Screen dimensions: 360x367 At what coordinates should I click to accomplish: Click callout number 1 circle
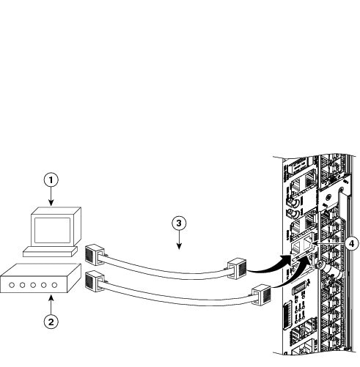coord(51,180)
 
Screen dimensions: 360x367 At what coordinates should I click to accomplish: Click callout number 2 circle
coord(51,322)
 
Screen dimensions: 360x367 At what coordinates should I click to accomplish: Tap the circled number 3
coord(179,223)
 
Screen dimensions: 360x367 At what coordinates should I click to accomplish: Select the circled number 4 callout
coord(351,243)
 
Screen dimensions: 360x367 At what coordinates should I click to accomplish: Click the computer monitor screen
coord(52,230)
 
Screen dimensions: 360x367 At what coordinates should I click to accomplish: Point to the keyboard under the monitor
coord(50,251)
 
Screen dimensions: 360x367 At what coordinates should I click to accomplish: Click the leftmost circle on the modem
coord(12,285)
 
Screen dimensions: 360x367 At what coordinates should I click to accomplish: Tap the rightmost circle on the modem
coord(54,285)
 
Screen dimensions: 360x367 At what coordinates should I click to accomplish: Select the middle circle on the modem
coord(33,285)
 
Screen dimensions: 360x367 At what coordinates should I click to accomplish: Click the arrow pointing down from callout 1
coord(51,196)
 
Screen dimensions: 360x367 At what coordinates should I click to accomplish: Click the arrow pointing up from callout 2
coord(51,305)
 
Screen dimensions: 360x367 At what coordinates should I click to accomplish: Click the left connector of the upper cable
coord(95,254)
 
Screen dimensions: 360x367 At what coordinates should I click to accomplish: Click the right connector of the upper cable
coord(236,268)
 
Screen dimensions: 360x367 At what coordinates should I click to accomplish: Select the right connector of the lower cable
coord(262,294)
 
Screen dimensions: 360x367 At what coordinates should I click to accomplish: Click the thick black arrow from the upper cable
coord(270,266)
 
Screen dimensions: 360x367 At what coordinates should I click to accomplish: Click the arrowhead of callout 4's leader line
coord(315,243)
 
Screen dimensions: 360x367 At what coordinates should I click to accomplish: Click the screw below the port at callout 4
coord(318,264)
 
